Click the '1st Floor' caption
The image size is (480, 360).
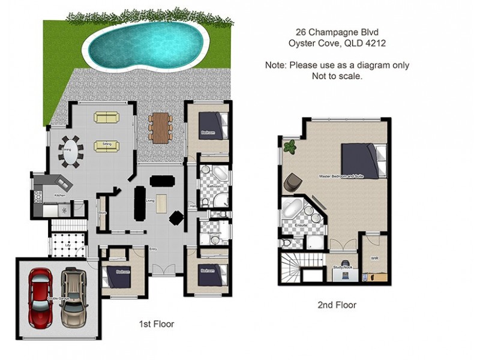[156, 324]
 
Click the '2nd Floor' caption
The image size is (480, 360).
[337, 305]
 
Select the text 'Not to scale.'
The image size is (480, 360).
[337, 77]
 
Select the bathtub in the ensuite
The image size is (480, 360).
[295, 209]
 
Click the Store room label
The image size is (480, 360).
[103, 211]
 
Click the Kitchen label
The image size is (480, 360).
[60, 196]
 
